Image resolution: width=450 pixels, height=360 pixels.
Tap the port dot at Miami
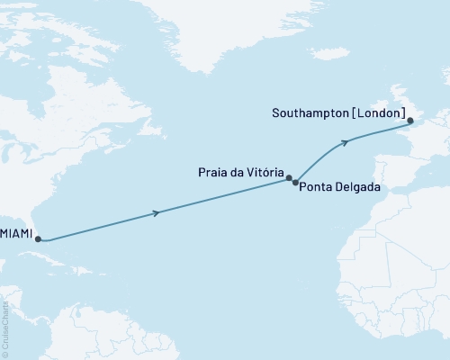tap(38, 239)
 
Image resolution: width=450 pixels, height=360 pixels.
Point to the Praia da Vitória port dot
tap(290, 178)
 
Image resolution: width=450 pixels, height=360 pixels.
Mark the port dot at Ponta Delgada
tap(296, 183)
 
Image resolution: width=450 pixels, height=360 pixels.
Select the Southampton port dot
tap(409, 121)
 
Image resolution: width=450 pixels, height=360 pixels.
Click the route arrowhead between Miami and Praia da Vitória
tap(158, 212)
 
